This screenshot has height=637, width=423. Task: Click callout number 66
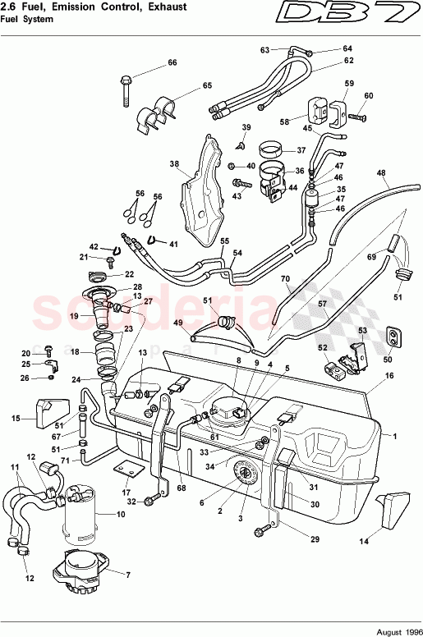click(172, 63)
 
